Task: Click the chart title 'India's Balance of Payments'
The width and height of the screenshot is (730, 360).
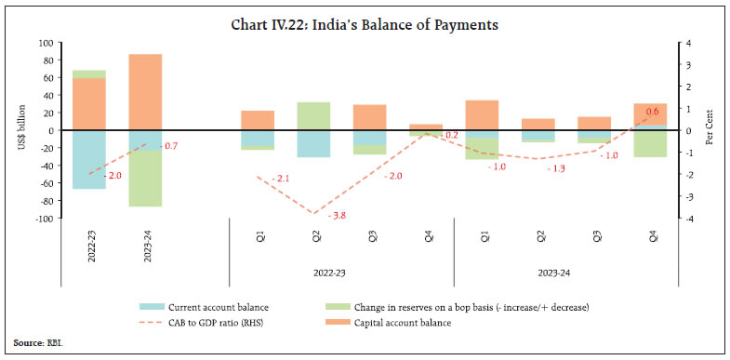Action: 365,24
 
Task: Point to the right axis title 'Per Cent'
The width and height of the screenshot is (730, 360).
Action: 709,130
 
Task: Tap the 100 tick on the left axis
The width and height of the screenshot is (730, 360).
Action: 43,43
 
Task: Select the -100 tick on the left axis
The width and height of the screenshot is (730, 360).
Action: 41,219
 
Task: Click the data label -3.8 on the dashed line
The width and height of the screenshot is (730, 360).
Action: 339,216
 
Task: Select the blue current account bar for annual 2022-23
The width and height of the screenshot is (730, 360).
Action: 89,159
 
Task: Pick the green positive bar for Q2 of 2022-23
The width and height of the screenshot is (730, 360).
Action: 313,115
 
